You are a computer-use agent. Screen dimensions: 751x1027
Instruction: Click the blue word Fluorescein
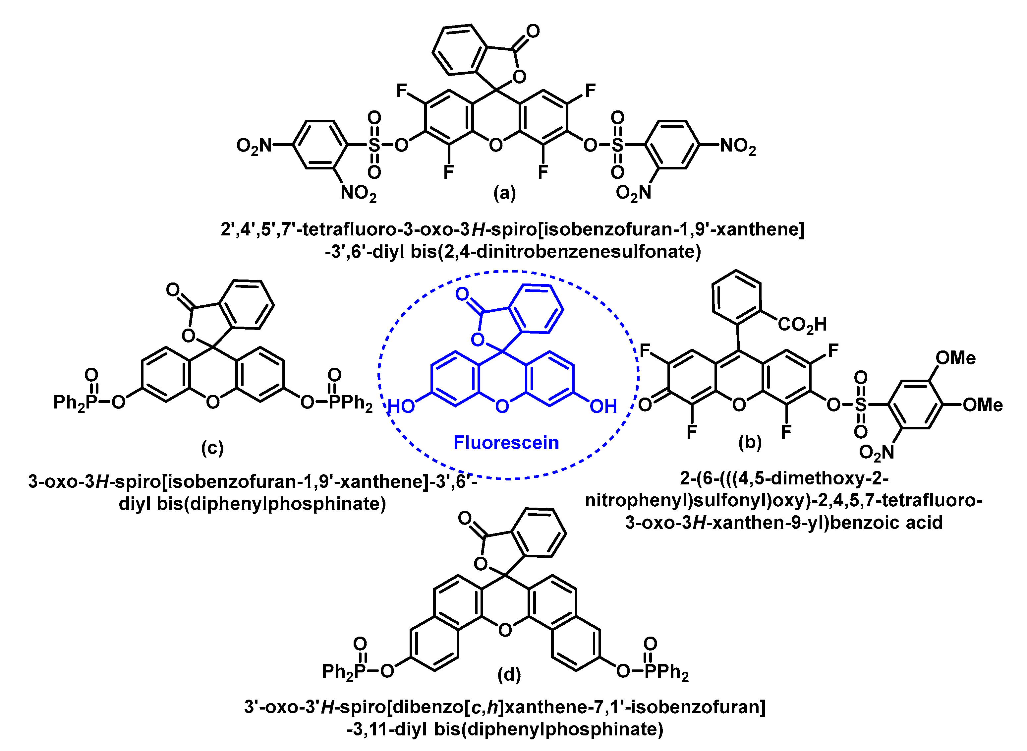coord(506,442)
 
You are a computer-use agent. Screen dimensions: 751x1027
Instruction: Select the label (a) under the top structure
coord(504,193)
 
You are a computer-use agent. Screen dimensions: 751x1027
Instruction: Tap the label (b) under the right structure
coord(750,442)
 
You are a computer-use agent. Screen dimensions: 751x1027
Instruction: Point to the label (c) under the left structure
coord(212,448)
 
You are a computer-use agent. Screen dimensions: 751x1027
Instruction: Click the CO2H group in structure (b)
coord(802,325)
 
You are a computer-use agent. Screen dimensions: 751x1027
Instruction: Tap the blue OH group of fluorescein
coord(603,406)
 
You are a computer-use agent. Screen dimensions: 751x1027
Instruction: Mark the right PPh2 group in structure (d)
coord(667,672)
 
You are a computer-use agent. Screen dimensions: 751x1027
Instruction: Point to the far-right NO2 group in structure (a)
coord(738,146)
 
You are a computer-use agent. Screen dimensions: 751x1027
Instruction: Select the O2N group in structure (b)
coord(877,452)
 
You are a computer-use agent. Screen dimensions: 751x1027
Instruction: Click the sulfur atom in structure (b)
coord(861,405)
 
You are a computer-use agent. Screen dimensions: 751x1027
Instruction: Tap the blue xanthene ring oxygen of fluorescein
coord(502,406)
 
